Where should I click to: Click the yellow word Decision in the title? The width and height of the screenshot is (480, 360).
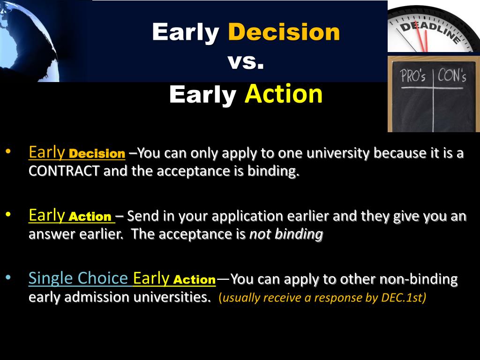coord(284,32)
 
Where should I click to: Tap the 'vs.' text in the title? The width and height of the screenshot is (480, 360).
coord(246,61)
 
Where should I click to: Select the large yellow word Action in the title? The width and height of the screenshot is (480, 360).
coord(284,94)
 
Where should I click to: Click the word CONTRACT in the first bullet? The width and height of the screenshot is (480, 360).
coord(64,171)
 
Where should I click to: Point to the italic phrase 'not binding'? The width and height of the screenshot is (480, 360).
coord(286,234)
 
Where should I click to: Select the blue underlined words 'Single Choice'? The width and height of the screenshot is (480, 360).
coord(78,278)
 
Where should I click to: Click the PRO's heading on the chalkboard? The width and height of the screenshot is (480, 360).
coord(413,76)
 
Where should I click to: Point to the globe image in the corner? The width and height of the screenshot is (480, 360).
coord(28,37)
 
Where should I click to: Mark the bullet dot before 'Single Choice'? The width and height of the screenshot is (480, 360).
coord(9,277)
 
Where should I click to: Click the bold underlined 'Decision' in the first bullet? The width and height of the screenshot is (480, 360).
coord(97,154)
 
